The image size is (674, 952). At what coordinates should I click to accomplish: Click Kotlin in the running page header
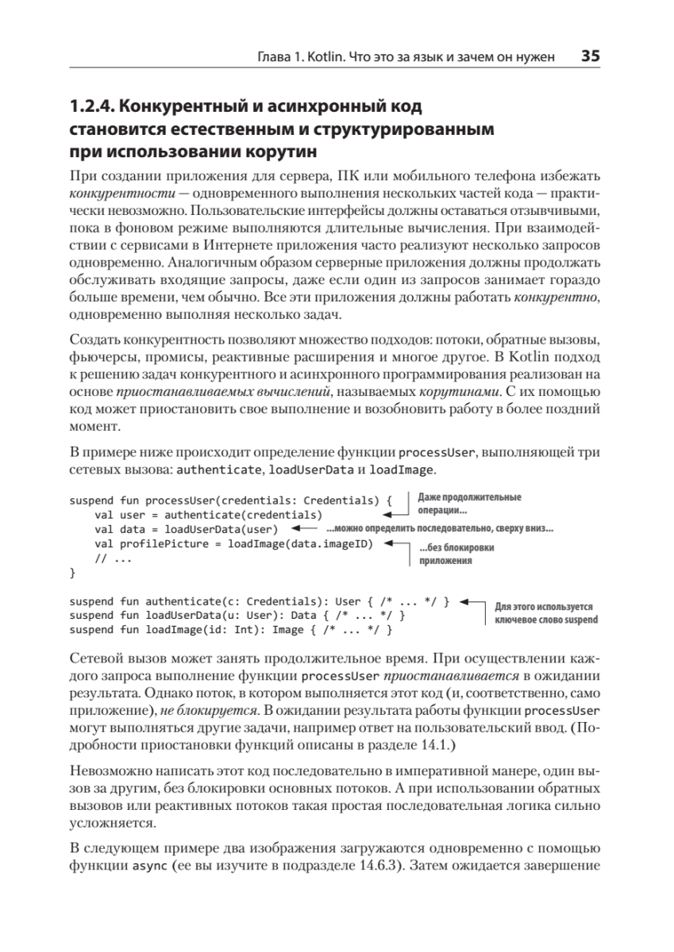[x=330, y=57]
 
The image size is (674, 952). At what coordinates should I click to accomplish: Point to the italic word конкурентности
[x=110, y=193]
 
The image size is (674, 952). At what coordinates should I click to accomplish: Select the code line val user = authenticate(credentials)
[x=208, y=515]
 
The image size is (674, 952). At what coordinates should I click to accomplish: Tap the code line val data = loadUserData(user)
[x=185, y=529]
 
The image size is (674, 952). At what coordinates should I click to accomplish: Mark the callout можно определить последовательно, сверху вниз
[x=440, y=529]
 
